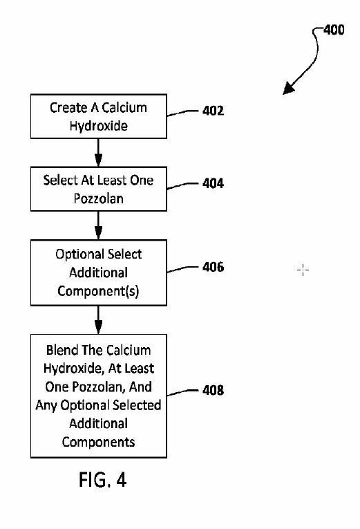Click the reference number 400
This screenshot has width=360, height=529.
334,30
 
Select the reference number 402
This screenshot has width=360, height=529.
213,111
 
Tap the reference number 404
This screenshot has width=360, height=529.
213,183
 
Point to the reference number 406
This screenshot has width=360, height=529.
213,267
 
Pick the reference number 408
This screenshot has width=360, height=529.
213,390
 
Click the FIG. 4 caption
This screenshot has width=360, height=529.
102,479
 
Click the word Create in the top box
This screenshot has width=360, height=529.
69,108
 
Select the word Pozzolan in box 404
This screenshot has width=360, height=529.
98,198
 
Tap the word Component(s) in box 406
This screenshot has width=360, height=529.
98,291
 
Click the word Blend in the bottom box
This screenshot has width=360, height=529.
63,350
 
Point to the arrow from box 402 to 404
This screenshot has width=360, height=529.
98,153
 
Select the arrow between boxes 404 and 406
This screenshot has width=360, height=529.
98,225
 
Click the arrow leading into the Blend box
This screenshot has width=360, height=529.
98,320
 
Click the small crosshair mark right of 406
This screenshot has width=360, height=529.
303,270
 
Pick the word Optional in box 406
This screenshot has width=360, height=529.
75,254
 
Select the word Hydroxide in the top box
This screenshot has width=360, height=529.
98,126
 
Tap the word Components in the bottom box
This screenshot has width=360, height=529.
98,442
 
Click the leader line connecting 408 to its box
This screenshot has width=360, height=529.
182,391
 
